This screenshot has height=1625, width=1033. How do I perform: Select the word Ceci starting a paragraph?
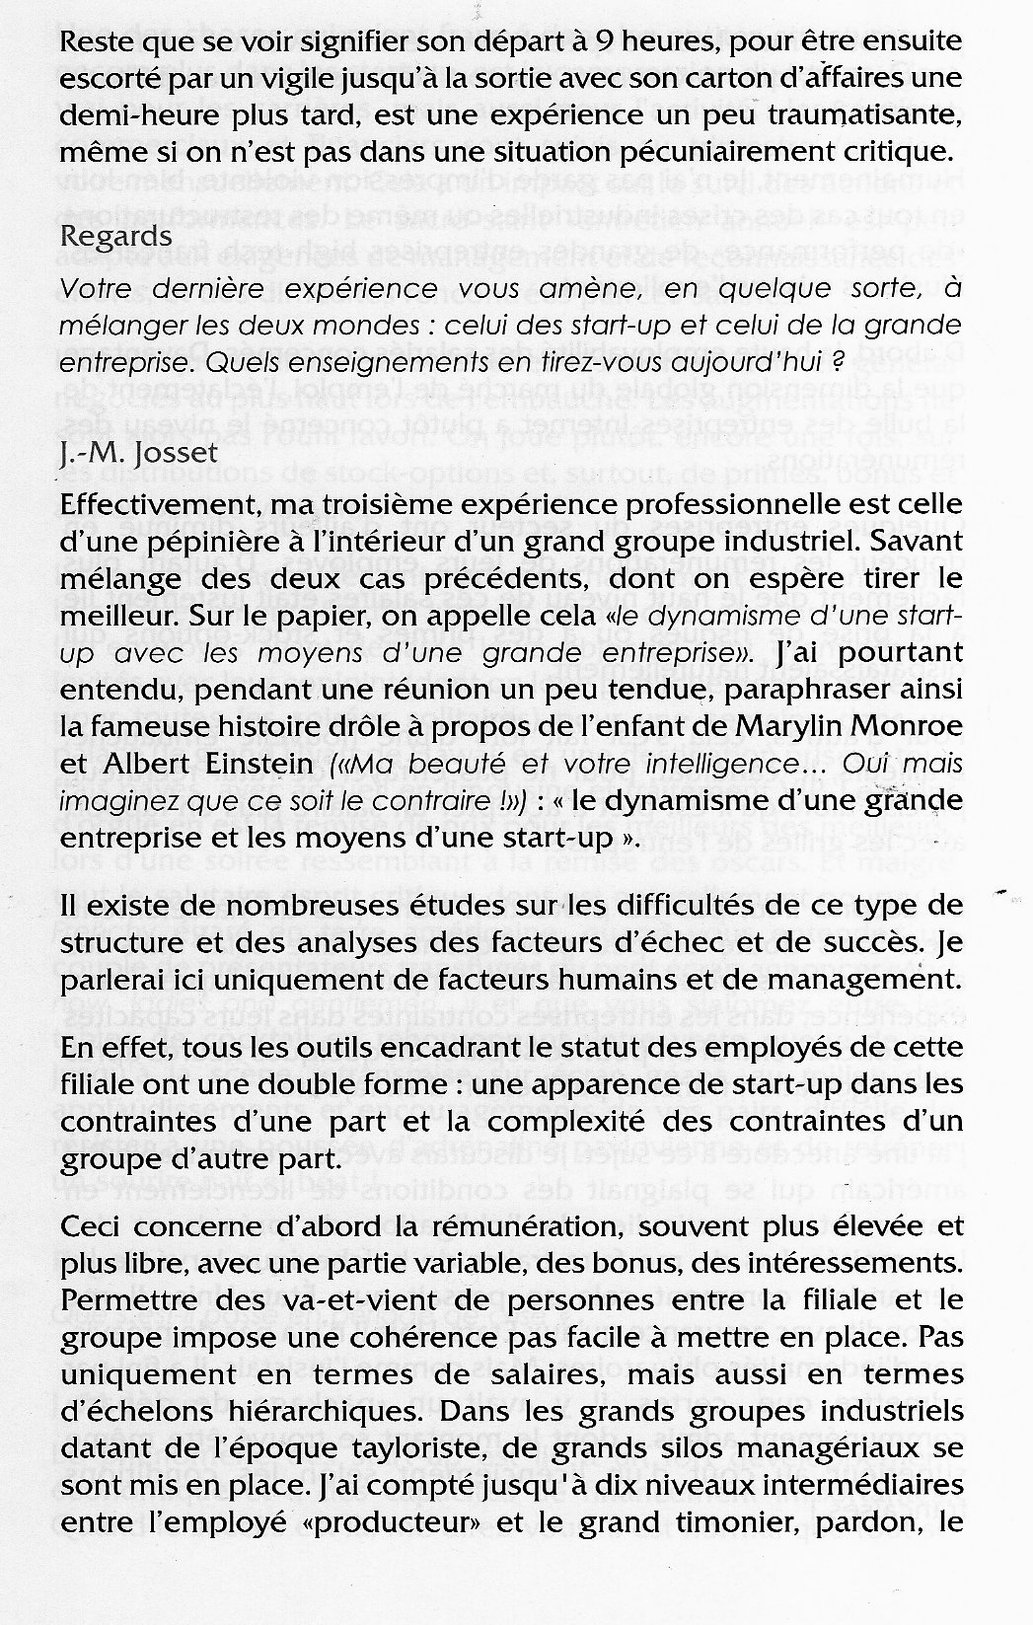[91, 1227]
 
